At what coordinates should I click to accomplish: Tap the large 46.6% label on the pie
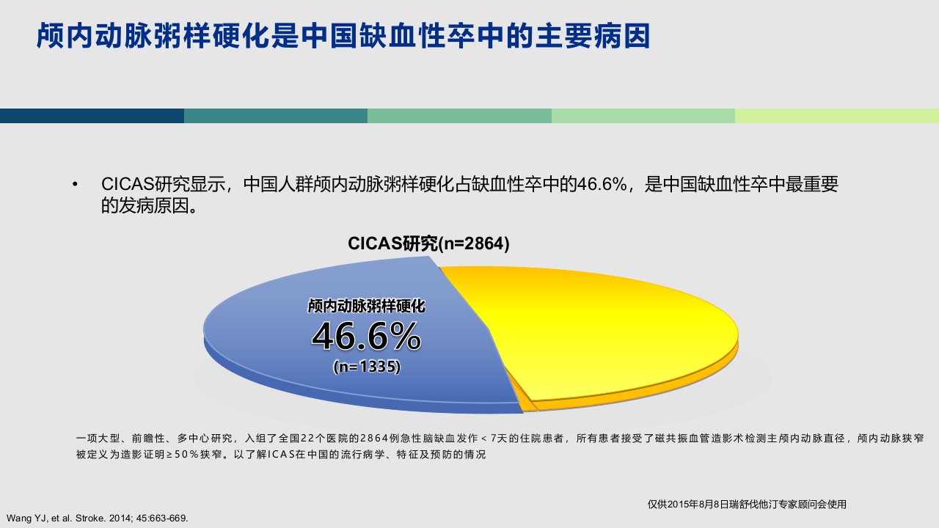pyautogui.click(x=366, y=336)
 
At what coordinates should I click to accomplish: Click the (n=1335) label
pyautogui.click(x=367, y=367)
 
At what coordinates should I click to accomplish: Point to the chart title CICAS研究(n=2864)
pyautogui.click(x=428, y=243)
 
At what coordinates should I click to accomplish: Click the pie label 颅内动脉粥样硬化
pyautogui.click(x=366, y=306)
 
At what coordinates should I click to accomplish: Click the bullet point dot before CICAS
pyautogui.click(x=75, y=184)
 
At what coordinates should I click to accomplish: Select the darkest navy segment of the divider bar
pyautogui.click(x=92, y=116)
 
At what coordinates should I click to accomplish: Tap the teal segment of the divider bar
pyautogui.click(x=276, y=116)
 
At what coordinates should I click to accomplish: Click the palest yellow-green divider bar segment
pyautogui.click(x=837, y=116)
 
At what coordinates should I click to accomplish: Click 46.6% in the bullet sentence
pyautogui.click(x=602, y=184)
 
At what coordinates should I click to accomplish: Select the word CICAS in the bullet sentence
pyautogui.click(x=128, y=184)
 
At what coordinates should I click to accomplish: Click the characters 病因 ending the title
pyautogui.click(x=621, y=36)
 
